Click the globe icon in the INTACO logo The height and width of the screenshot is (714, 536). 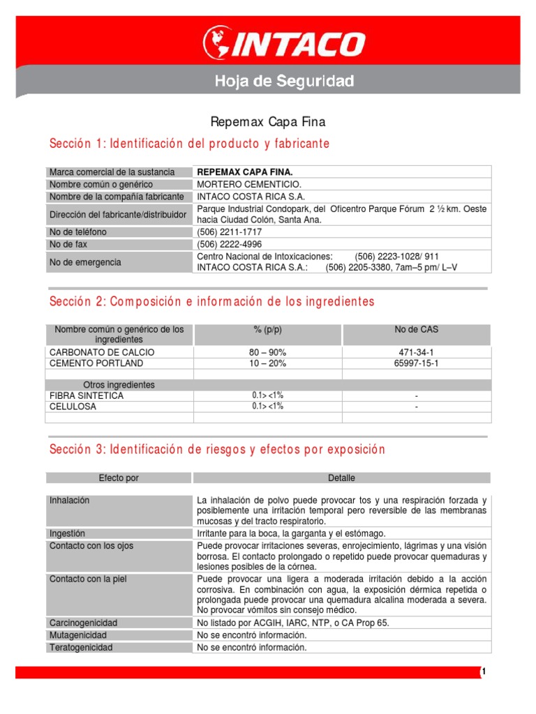217,43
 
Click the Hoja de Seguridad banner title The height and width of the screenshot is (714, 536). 283,82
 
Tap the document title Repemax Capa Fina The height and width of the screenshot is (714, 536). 268,122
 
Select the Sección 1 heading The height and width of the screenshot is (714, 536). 189,144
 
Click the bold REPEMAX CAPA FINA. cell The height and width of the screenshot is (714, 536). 245,172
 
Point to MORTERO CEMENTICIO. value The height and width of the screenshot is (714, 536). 249,184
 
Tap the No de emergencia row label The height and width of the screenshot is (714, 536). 85,262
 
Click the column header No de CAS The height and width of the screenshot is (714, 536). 416,329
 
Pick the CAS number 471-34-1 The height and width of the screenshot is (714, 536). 416,352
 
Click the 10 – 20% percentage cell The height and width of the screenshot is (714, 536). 267,363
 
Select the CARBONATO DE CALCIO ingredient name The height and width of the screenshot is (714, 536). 102,352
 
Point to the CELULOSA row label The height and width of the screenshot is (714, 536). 73,407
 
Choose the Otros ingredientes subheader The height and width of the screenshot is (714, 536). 119,385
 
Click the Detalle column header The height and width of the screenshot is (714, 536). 341,478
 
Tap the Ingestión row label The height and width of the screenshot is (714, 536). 67,533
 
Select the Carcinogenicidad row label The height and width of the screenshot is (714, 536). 83,622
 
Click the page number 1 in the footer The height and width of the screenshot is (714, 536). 482,671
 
